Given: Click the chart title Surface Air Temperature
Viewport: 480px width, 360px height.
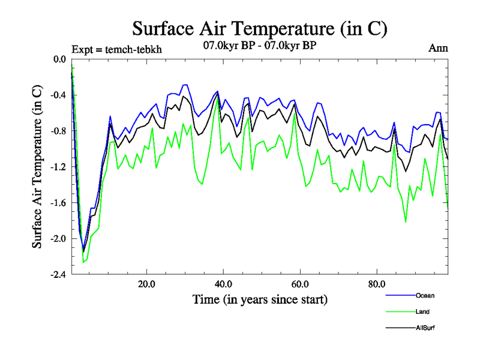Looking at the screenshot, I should pos(259,28).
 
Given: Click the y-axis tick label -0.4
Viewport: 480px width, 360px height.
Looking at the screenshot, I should pos(59,95).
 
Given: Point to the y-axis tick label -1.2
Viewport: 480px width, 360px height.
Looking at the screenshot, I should pos(59,167).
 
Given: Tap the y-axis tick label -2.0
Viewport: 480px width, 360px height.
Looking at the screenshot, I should pos(59,239).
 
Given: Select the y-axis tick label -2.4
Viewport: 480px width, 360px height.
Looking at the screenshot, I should pos(59,274).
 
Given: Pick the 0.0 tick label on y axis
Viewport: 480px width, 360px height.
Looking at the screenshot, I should pos(60,59).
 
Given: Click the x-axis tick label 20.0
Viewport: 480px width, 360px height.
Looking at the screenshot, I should pos(147,283).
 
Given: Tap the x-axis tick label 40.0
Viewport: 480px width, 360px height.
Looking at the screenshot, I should pos(224,283).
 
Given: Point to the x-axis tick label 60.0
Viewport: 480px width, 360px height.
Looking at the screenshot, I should pos(300,283).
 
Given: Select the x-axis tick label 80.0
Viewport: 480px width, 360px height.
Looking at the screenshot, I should pos(377,283).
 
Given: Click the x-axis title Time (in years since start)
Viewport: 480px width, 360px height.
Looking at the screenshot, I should pos(260,299).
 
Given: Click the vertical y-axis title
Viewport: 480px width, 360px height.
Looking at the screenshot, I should pos(38,167).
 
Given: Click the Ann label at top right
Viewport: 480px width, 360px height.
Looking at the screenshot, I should pos(438,48).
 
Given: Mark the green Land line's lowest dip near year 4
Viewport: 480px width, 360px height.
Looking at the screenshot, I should pos(83,262).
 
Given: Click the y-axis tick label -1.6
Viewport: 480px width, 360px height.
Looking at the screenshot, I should pos(59,203).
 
